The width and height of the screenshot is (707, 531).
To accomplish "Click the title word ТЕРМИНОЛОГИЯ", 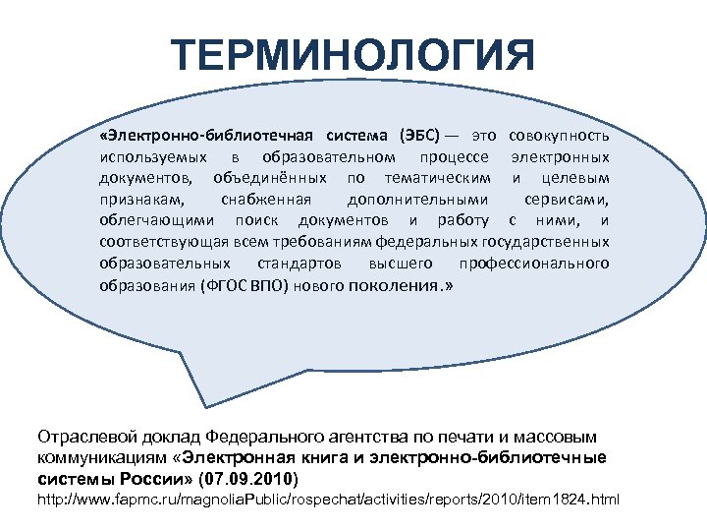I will [353, 56].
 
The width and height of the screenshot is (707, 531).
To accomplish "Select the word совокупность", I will [559, 135].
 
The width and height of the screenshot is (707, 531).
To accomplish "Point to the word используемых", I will [153, 156].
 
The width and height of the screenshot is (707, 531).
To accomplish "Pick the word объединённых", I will [271, 178].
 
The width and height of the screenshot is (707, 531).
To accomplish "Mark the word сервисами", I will [567, 200].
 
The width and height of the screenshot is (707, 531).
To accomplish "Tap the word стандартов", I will [299, 265].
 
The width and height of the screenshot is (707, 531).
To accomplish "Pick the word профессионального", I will [534, 265].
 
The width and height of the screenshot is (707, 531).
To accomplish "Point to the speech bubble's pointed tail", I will [187, 388].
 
